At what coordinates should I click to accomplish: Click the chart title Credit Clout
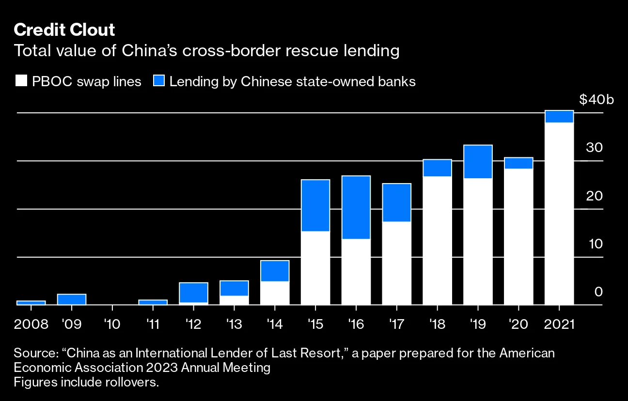coord(64,30)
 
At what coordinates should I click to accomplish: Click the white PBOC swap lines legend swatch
coord(21,81)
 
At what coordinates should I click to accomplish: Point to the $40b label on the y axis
coord(596,100)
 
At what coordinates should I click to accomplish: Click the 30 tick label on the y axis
coord(595,148)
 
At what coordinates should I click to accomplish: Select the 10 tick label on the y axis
coord(595,244)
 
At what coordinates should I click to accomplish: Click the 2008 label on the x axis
coord(31,324)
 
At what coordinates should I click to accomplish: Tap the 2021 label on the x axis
coord(559,324)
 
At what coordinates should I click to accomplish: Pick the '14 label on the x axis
coord(275,324)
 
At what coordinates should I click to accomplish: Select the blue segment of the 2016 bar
coord(356,207)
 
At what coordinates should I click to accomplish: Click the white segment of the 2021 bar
coord(559,213)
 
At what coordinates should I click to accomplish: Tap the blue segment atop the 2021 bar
coord(559,117)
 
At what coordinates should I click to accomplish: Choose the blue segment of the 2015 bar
coord(315,205)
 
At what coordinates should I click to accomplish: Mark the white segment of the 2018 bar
coord(437,240)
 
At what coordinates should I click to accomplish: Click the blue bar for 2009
coord(72,299)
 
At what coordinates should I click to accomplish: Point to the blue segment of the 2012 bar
coord(193,293)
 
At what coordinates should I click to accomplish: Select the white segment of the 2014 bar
coord(275,293)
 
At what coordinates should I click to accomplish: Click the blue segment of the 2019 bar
coord(478,162)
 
